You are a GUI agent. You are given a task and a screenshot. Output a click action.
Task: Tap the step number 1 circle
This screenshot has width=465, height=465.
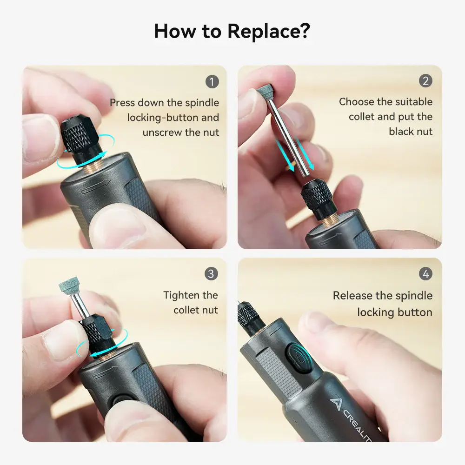point(212,82)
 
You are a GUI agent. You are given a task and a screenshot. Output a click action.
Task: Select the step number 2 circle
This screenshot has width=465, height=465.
point(425,81)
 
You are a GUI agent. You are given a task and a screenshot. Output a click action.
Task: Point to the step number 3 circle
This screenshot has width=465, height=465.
point(211,274)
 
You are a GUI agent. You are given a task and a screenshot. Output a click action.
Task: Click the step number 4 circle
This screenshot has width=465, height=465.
point(425,274)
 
